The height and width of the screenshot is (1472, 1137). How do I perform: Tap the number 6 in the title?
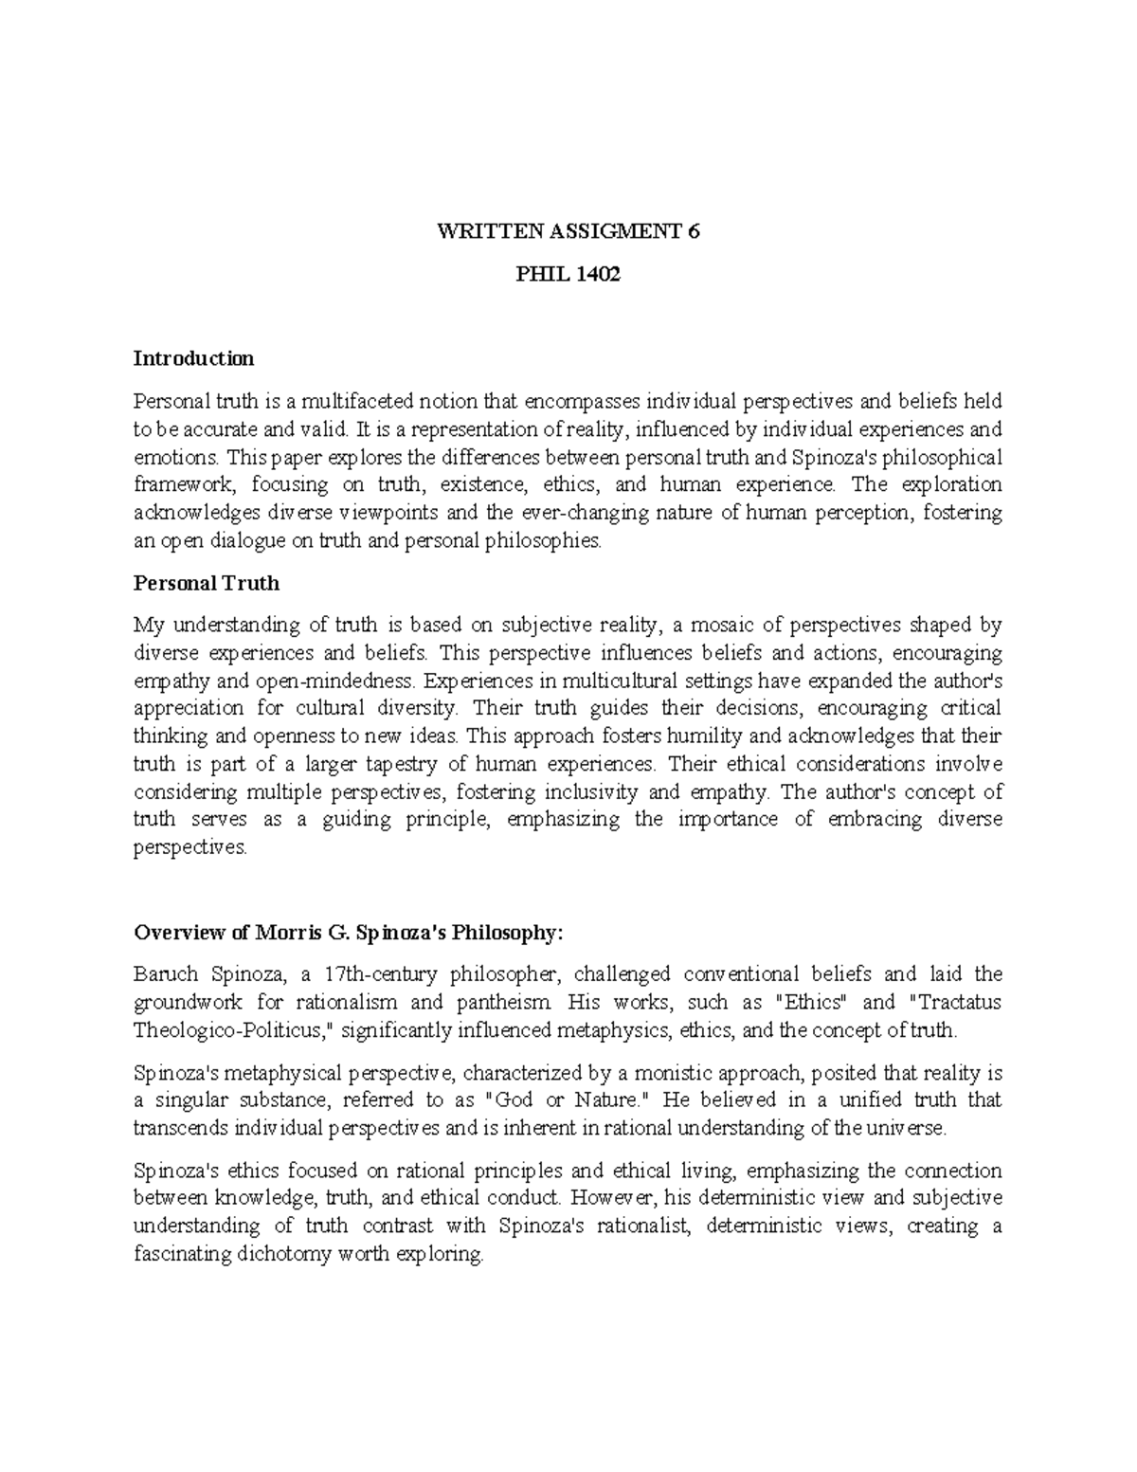(x=695, y=232)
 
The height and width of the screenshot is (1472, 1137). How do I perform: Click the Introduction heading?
(x=193, y=358)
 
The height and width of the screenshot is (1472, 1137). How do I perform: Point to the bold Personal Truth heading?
(x=207, y=583)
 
